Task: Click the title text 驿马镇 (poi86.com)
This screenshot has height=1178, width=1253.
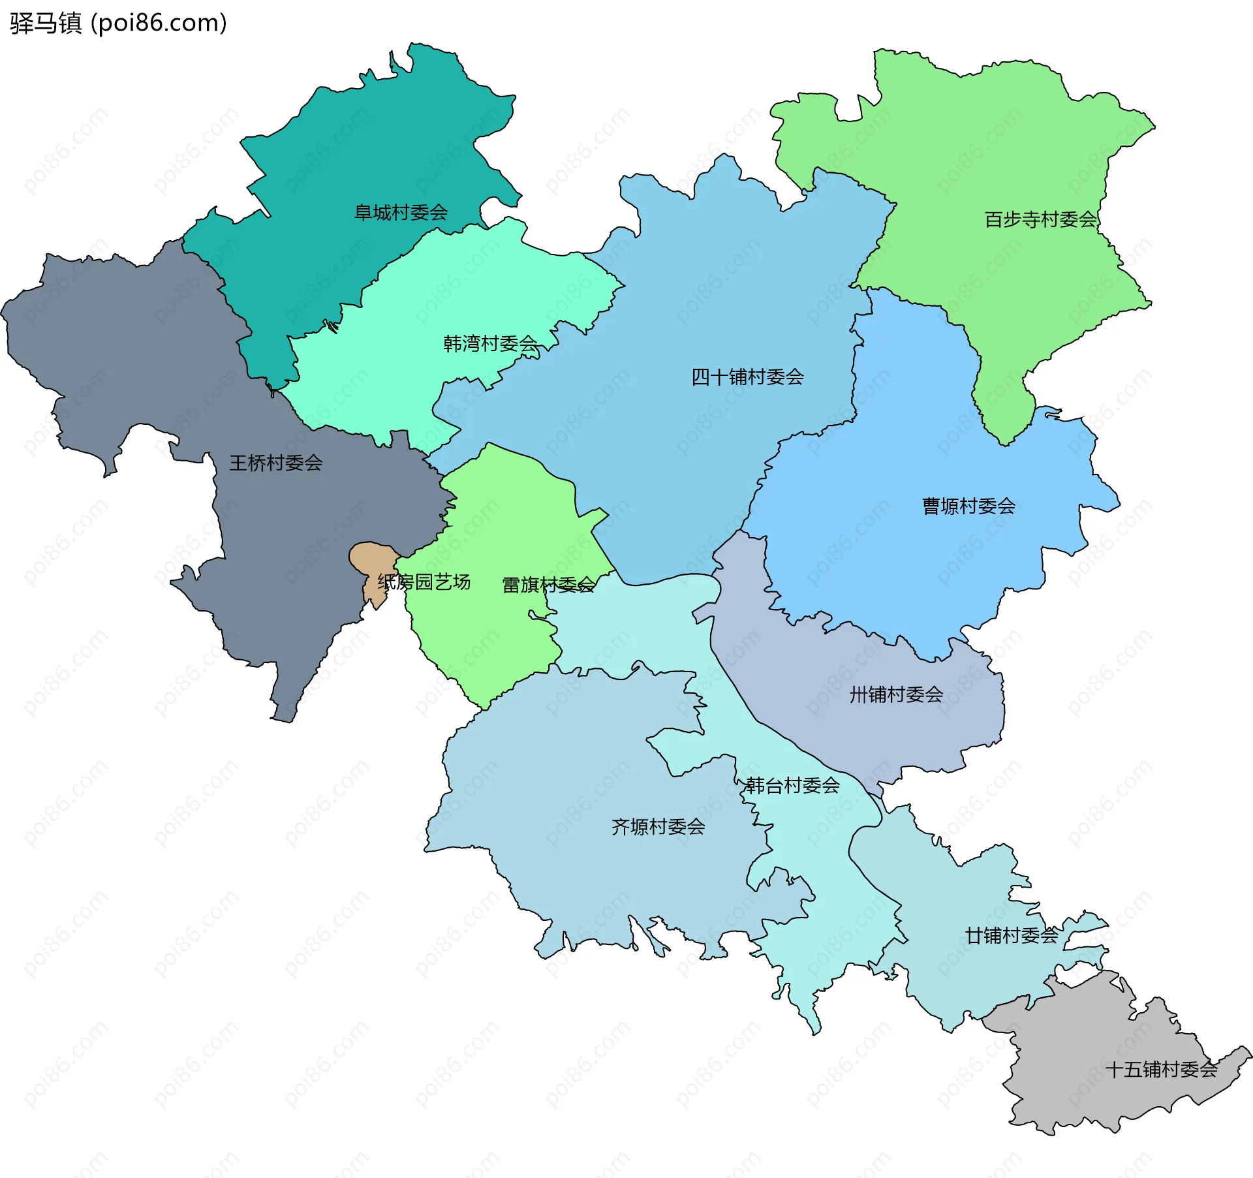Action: coord(118,23)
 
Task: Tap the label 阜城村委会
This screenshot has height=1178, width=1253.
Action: coord(401,212)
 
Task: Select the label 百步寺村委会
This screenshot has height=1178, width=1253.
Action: coord(1040,219)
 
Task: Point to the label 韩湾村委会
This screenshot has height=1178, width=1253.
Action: coord(491,343)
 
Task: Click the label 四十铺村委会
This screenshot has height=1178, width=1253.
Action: coord(747,377)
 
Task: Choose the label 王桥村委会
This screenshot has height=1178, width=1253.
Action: coord(275,463)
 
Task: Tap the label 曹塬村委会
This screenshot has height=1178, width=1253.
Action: coord(968,506)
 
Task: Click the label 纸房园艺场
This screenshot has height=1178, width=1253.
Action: coord(424,581)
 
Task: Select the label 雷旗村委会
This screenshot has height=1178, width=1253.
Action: coord(548,585)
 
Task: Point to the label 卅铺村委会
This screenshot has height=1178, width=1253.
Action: coord(896,694)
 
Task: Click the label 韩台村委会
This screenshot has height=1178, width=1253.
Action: coord(792,785)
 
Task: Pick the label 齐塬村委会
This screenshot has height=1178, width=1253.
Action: coord(658,827)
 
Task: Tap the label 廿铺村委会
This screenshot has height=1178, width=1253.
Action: coord(1012,935)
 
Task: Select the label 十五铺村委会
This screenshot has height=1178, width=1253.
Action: coord(1162,1069)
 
